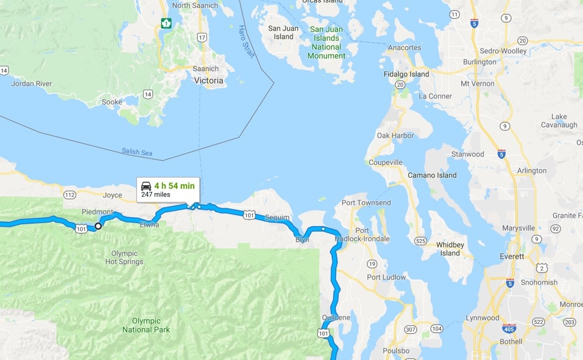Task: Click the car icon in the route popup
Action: click(146, 185)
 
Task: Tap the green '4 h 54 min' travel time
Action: click(174, 185)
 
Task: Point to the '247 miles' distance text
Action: click(156, 195)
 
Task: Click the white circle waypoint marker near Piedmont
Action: click(98, 226)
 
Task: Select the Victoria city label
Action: click(208, 80)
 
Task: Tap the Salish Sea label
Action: click(137, 152)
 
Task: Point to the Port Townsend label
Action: click(366, 203)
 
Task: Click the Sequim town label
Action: click(277, 218)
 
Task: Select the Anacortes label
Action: click(404, 48)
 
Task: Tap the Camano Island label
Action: click(432, 175)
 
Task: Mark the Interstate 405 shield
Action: click(509, 328)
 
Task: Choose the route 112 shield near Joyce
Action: click(69, 195)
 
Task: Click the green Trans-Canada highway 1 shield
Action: click(166, 23)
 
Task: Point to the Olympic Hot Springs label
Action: click(127, 257)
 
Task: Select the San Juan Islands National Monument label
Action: click(327, 42)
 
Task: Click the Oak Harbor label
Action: click(395, 136)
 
